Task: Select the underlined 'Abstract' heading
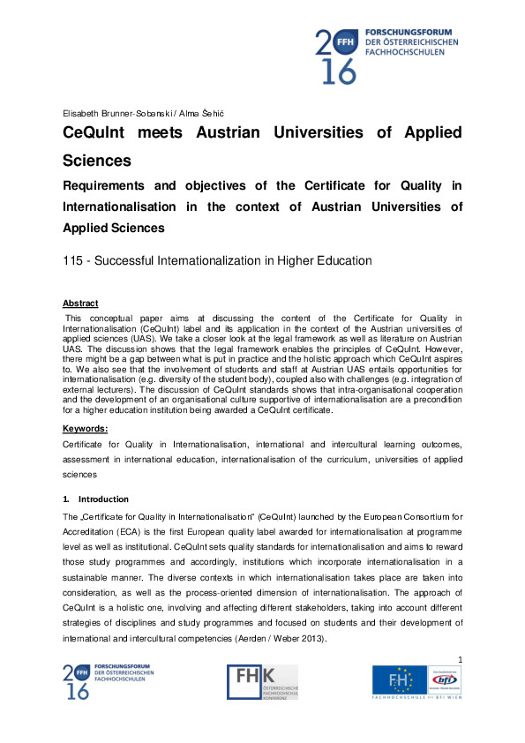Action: click(x=80, y=304)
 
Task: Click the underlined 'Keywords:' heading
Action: click(x=86, y=428)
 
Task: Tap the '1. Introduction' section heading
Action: click(x=97, y=499)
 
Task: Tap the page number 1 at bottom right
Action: click(x=460, y=659)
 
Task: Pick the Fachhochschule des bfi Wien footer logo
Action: click(x=416, y=683)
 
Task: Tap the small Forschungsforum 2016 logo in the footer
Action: click(x=108, y=681)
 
